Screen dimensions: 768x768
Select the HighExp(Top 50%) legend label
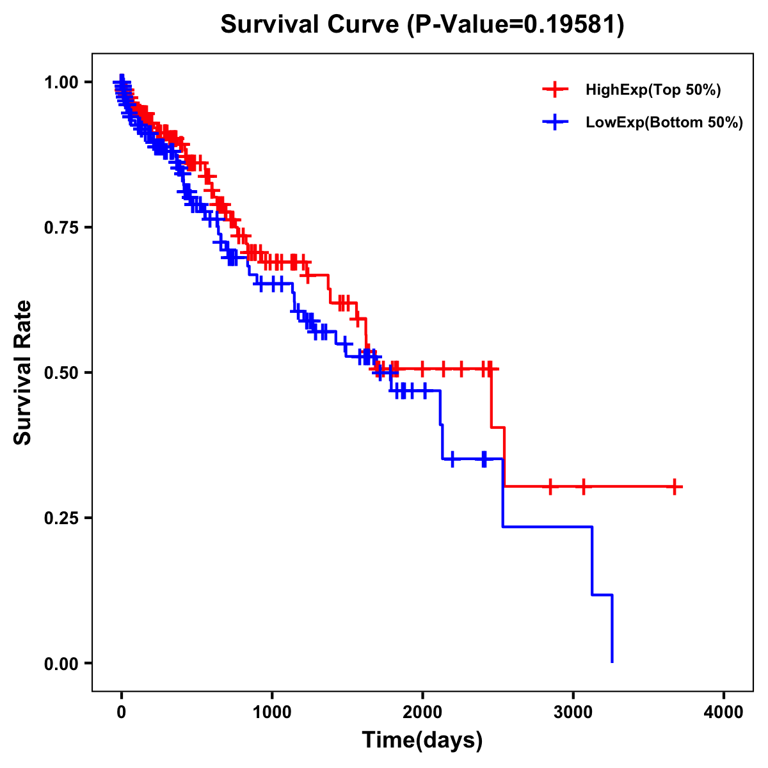(653, 90)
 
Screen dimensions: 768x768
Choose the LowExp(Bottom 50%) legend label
(664, 122)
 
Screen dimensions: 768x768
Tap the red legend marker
(555, 90)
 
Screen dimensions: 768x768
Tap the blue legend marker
(555, 122)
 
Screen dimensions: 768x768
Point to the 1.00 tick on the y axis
(61, 82)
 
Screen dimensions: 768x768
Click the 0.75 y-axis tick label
(61, 227)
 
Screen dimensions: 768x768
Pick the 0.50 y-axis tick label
(61, 372)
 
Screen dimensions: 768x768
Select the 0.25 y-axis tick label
(61, 518)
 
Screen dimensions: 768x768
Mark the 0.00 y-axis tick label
(61, 663)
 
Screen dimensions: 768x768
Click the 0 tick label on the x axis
(122, 712)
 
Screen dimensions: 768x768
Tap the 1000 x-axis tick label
(272, 712)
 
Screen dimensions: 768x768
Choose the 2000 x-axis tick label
(422, 712)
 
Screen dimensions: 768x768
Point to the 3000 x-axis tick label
(573, 712)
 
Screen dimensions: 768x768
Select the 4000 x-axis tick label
(724, 712)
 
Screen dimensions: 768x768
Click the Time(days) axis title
(422, 740)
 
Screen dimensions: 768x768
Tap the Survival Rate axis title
(23, 372)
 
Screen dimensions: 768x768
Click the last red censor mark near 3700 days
(675, 487)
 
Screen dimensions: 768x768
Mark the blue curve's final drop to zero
(612, 630)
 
